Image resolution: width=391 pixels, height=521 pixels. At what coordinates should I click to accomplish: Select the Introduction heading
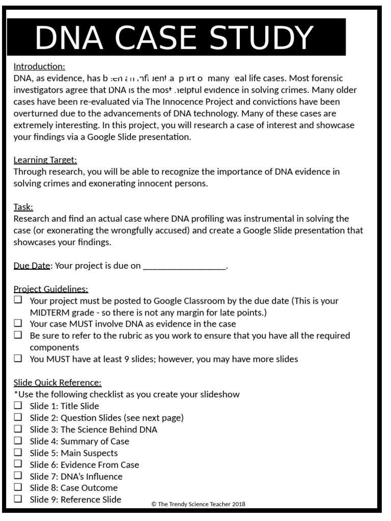click(x=39, y=67)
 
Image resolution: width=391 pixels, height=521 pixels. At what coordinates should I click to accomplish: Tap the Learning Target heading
click(x=45, y=160)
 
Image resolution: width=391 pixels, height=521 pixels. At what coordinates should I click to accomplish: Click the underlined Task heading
click(x=23, y=207)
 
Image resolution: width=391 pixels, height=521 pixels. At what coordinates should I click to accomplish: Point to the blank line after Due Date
click(x=184, y=266)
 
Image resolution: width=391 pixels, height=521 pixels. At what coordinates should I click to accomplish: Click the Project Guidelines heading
click(x=51, y=289)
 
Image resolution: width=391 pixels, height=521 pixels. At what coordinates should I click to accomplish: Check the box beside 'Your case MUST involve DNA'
click(x=18, y=323)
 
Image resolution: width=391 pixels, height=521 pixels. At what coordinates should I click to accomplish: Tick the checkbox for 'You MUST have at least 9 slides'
click(x=18, y=358)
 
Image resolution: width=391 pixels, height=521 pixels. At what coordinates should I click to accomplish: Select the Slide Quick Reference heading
click(x=58, y=382)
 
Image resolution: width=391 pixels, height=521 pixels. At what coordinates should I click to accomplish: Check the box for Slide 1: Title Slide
click(x=18, y=406)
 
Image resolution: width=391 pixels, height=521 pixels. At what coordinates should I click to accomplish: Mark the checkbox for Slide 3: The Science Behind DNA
click(x=18, y=429)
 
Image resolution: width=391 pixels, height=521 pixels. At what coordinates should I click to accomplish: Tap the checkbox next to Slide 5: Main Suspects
click(x=18, y=452)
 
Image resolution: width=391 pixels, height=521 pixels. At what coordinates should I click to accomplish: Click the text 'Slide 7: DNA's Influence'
click(x=76, y=477)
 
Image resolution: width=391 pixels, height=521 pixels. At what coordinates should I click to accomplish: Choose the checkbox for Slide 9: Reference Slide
click(x=18, y=499)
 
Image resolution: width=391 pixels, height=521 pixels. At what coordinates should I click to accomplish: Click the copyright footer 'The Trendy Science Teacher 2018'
click(x=198, y=504)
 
